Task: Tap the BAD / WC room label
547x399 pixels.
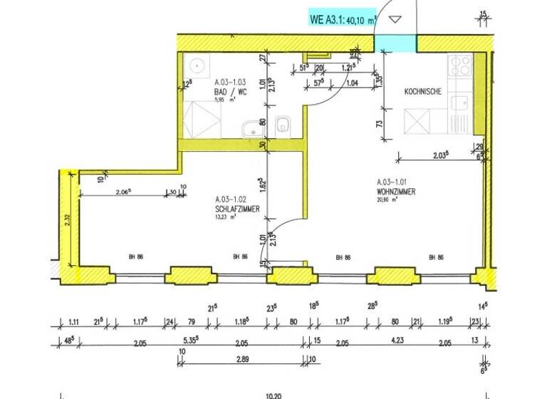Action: (x=231, y=91)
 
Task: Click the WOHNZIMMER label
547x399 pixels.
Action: (x=397, y=192)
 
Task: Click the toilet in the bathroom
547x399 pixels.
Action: (x=283, y=125)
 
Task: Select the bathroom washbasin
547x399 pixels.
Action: (x=251, y=130)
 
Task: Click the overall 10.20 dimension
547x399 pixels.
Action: (x=274, y=394)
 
